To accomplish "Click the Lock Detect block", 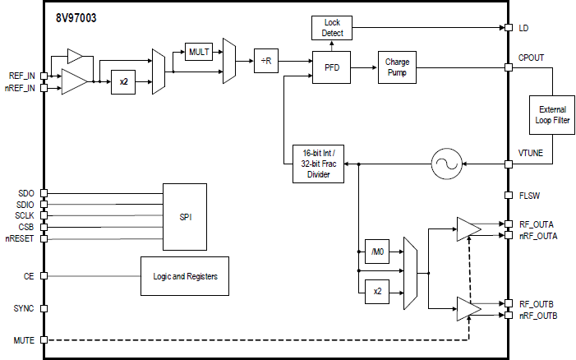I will (333, 27).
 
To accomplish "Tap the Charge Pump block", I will (397, 67).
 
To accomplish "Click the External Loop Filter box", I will (552, 115).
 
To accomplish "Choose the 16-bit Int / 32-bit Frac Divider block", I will (319, 164).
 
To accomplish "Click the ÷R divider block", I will (267, 60).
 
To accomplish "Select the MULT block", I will (199, 52).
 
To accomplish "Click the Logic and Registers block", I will (185, 276).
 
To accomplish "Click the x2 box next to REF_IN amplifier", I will (123, 81).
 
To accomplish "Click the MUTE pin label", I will (25, 339).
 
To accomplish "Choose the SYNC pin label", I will (25, 309).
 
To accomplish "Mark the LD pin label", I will (524, 27).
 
